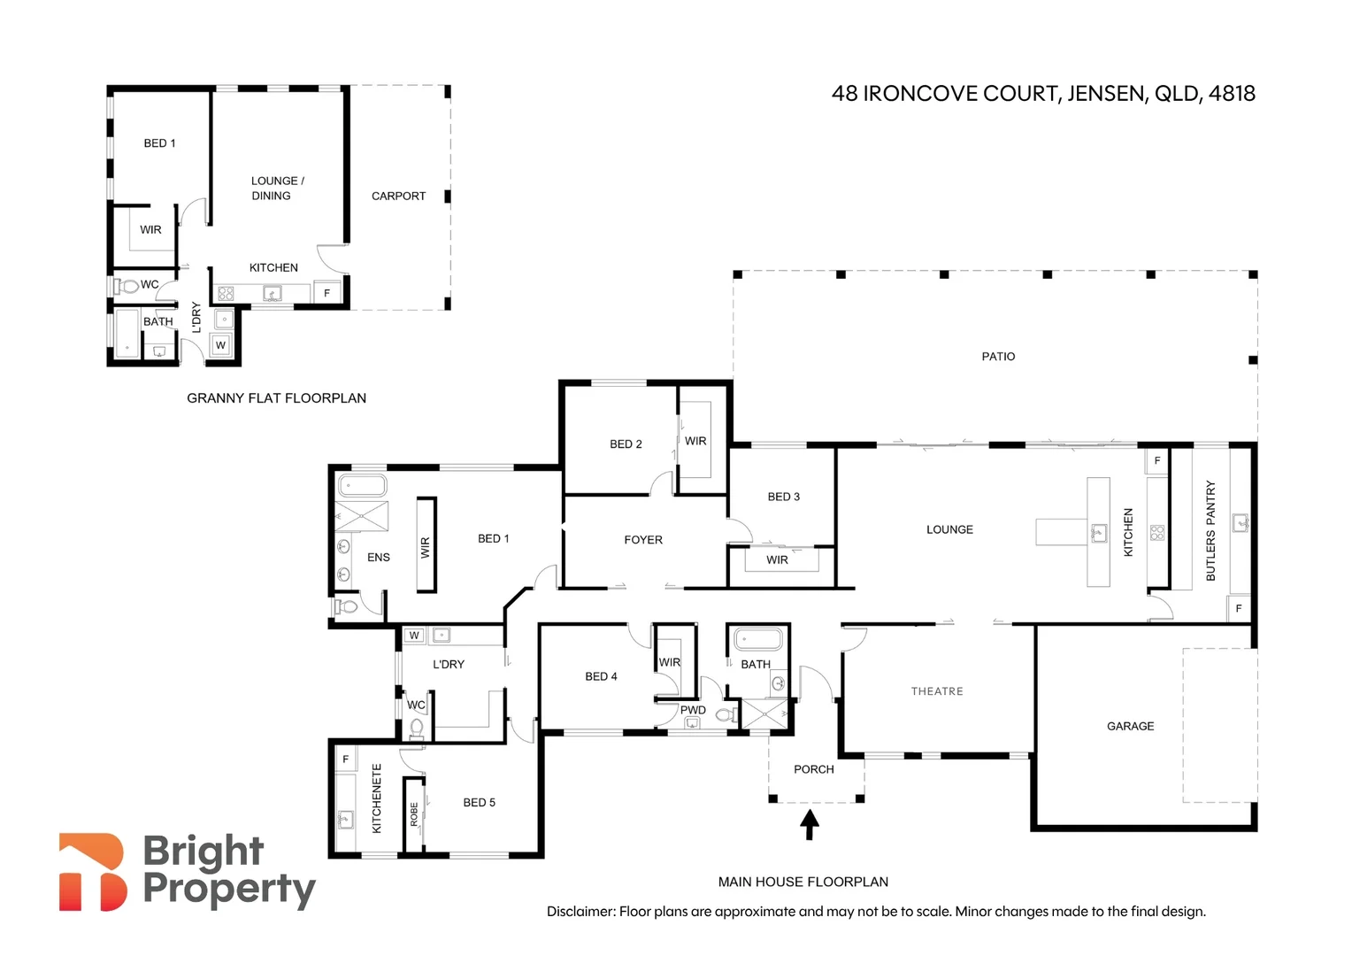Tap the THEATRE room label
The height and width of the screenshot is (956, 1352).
[x=937, y=690]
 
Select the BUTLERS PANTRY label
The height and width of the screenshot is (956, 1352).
[x=1210, y=531]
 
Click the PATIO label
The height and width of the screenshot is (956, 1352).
[x=998, y=357]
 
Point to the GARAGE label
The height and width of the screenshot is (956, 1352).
[x=1130, y=726]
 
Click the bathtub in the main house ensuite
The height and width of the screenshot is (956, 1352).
[x=362, y=486]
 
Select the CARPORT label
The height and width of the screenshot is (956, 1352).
[x=398, y=196]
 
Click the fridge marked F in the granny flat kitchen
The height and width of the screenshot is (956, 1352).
[x=327, y=293]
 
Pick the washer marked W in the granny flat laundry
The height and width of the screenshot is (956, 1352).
[x=221, y=345]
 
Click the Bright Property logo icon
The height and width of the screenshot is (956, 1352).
[x=93, y=871]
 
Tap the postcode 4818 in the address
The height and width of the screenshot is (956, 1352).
[x=1232, y=94]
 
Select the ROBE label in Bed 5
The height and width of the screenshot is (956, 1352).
[x=413, y=814]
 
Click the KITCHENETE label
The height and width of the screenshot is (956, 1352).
[x=377, y=798]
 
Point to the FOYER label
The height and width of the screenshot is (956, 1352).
[x=643, y=539]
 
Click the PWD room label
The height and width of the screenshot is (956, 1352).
[x=693, y=710]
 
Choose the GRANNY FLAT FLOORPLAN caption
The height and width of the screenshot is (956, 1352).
[x=276, y=398]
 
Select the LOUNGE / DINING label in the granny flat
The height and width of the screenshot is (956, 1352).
[x=277, y=188]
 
